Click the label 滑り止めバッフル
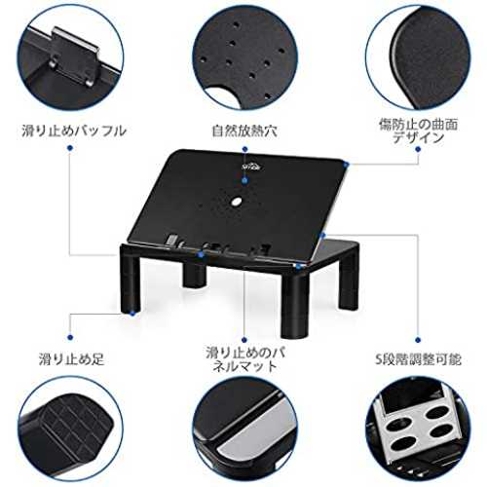(74, 131)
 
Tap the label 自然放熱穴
(244, 131)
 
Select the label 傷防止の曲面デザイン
(419, 131)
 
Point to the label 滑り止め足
(71, 359)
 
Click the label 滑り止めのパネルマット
(245, 359)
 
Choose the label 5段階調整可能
(418, 359)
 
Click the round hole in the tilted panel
(237, 202)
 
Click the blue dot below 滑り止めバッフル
(70, 148)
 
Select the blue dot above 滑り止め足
(70, 337)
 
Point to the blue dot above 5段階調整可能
(418, 340)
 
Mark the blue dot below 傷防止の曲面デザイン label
(418, 149)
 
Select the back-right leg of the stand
(348, 280)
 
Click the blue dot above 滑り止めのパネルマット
(244, 340)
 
